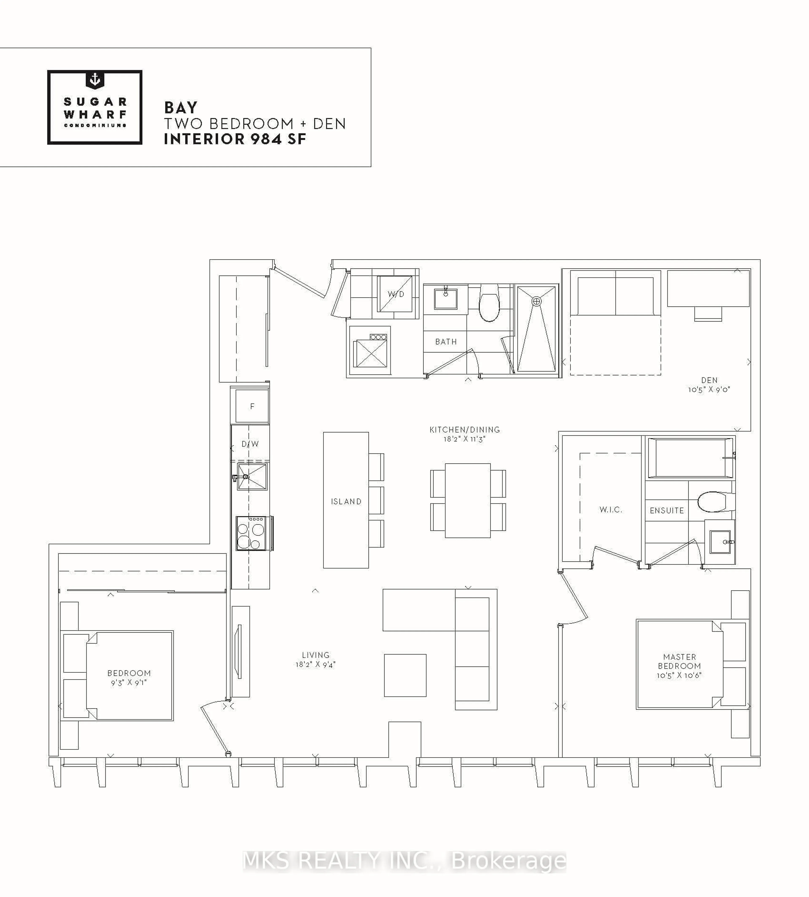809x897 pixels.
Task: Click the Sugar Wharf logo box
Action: tap(95, 107)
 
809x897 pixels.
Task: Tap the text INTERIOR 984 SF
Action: tap(235, 139)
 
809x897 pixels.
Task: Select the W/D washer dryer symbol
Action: tap(395, 294)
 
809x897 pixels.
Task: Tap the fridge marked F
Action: tap(252, 406)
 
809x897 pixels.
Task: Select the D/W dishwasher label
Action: tap(250, 444)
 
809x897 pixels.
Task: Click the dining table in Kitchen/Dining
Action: tap(468, 500)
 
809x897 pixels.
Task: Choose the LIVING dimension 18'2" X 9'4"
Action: tap(316, 665)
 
